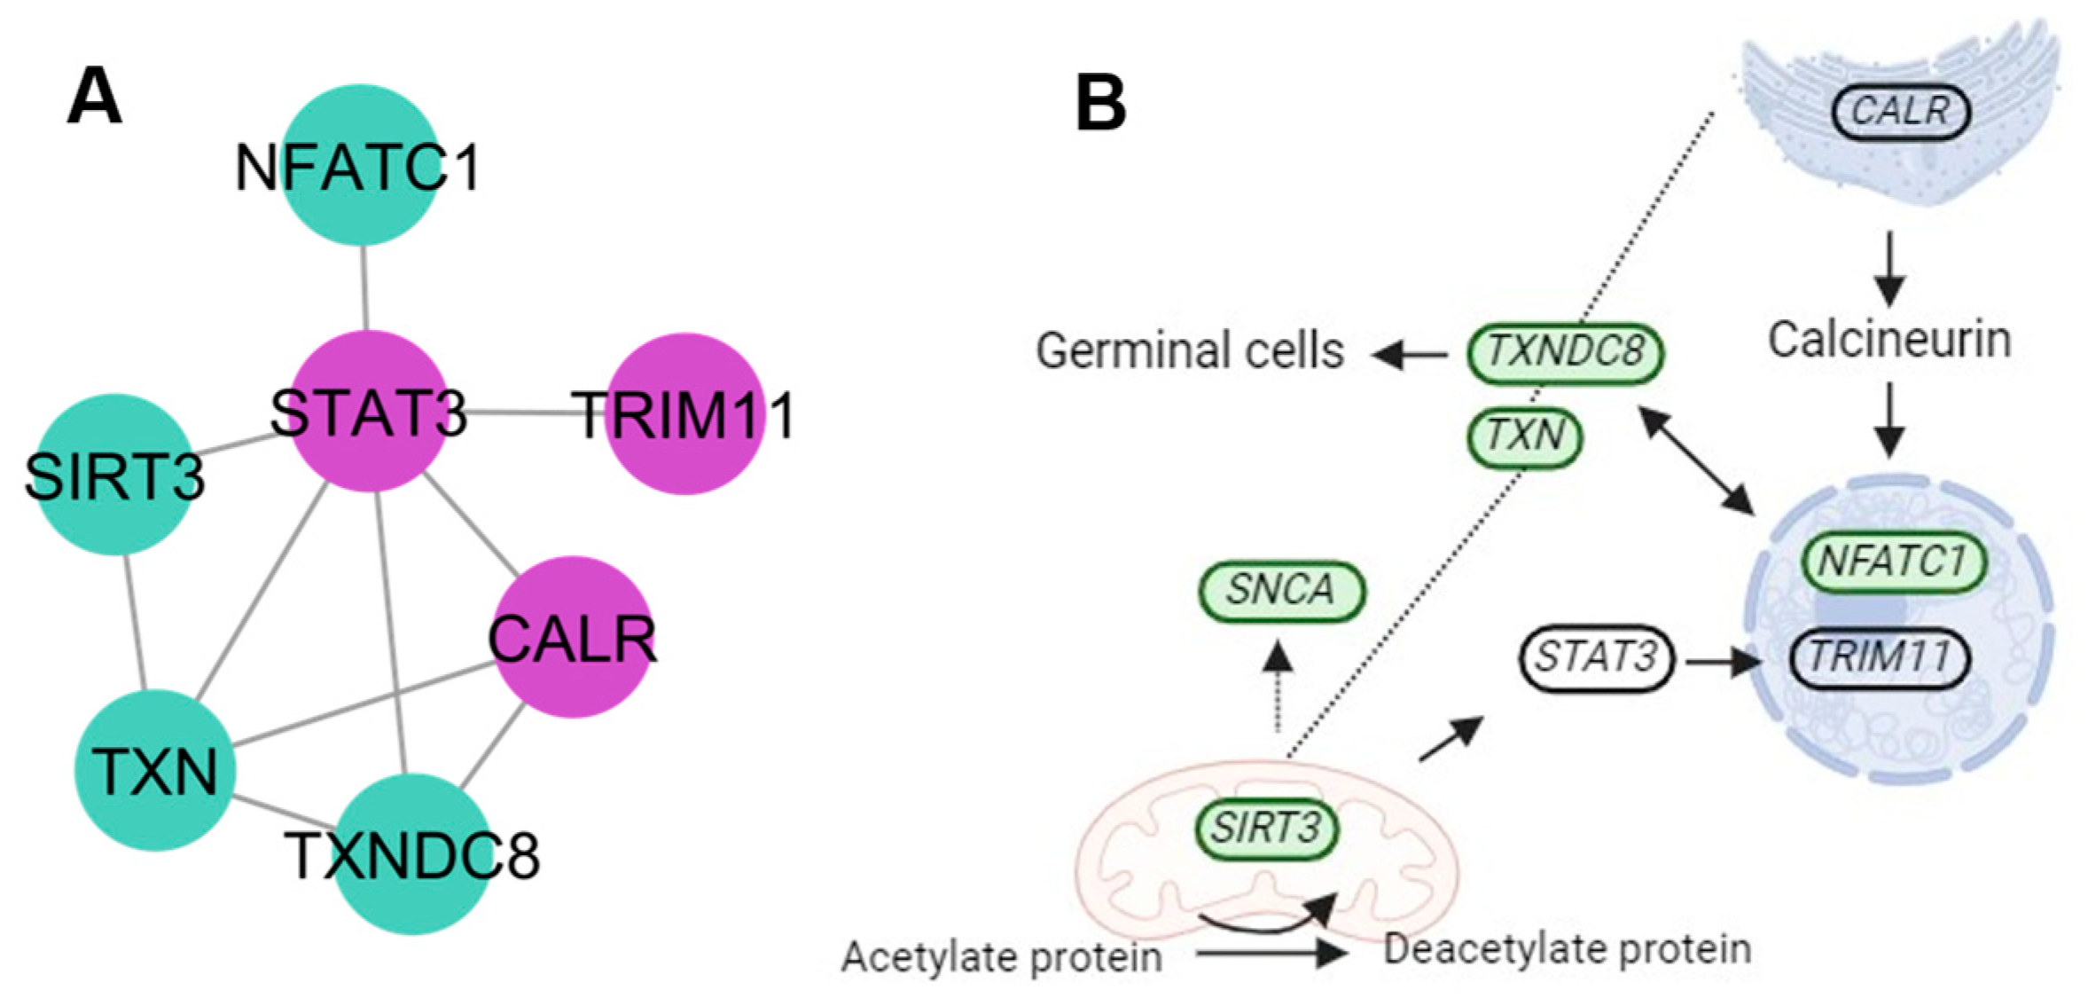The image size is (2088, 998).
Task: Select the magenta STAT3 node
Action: point(368,411)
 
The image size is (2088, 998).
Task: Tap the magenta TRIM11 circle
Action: point(684,413)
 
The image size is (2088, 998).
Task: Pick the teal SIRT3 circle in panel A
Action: point(114,475)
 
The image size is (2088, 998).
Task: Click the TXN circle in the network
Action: point(154,770)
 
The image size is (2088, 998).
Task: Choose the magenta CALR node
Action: point(573,637)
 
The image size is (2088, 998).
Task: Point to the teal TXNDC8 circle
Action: point(411,853)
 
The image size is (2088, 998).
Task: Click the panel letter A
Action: point(94,98)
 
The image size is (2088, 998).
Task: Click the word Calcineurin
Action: point(1889,340)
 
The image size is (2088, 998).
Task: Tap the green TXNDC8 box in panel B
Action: point(1565,352)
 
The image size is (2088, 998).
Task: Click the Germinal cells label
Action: point(1189,350)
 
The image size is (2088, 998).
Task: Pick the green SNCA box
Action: point(1280,590)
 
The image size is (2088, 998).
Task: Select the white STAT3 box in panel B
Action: point(1596,658)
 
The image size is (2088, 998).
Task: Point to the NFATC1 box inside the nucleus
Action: point(1894,561)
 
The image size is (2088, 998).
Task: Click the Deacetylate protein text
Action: point(1567,949)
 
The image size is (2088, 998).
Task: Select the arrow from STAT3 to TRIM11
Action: point(1723,661)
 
